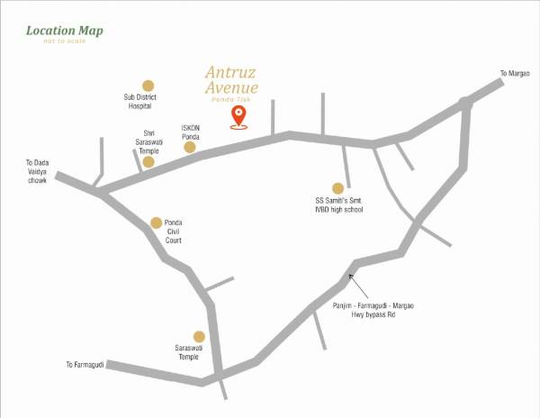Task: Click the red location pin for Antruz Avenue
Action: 238,116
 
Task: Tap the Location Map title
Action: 64,31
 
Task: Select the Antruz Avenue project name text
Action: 231,79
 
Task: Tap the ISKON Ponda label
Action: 190,131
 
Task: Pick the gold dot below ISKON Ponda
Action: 190,147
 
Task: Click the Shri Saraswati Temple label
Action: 148,141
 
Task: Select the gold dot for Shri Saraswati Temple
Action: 148,162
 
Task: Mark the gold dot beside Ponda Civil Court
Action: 157,223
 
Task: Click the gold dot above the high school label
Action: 338,188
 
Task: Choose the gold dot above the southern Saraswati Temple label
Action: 187,336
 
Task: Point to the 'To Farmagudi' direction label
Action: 85,365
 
